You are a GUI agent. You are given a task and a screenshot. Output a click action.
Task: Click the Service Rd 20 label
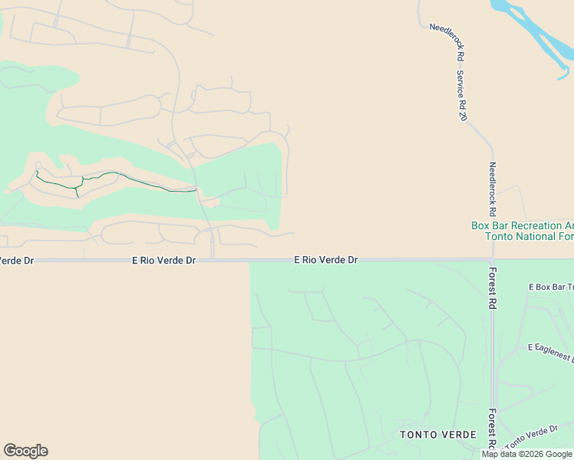[461, 96]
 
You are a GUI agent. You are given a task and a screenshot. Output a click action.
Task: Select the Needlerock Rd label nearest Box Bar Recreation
[493, 189]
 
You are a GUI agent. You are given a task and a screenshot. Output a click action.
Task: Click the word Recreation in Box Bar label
[538, 225]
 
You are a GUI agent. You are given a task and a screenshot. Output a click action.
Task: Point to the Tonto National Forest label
[529, 236]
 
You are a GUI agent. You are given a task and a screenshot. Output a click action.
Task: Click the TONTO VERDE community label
[437, 435]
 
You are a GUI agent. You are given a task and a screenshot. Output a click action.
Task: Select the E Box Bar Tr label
[551, 287]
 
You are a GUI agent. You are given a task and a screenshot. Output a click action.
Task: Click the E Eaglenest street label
[551, 352]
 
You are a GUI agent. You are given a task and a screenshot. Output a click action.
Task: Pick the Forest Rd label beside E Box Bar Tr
[493, 287]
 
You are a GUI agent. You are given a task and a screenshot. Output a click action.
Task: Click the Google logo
[25, 451]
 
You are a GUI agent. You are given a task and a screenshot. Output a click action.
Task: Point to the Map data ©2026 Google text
[527, 454]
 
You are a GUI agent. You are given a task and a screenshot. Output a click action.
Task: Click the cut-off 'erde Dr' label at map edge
[17, 261]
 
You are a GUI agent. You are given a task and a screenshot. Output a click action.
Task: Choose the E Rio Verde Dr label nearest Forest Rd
[326, 260]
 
